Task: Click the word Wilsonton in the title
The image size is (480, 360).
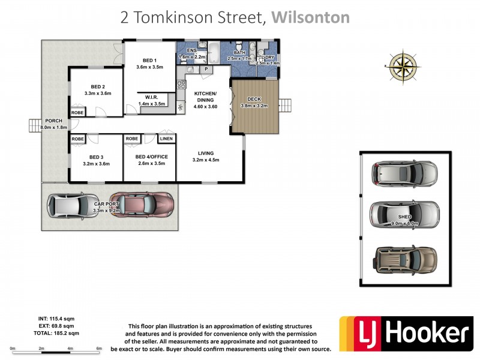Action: (x=310, y=17)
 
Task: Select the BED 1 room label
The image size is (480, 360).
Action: (x=149, y=60)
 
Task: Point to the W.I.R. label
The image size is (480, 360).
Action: (x=151, y=97)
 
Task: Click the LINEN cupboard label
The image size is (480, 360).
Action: (x=166, y=139)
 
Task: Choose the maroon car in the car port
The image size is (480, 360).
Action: (x=143, y=206)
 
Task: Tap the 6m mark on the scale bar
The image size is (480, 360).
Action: (x=99, y=349)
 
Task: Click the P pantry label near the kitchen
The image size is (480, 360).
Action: (x=206, y=70)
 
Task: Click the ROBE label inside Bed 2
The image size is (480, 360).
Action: (x=77, y=112)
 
